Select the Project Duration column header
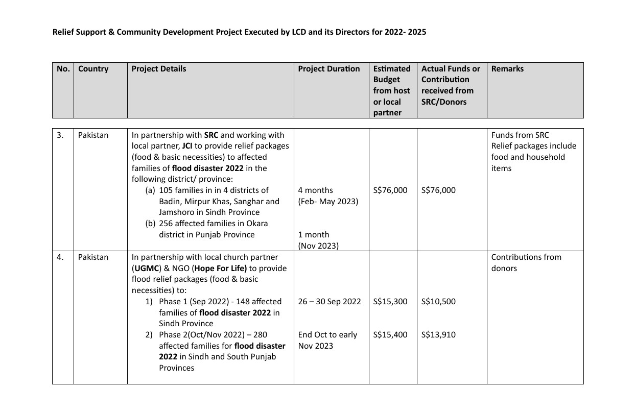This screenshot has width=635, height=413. point(329,69)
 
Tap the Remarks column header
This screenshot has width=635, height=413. point(507,69)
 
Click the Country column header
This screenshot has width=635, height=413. point(93,69)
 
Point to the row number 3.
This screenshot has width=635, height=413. point(60,135)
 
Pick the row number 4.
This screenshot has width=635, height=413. point(60,257)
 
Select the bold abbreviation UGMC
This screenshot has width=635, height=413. point(146,269)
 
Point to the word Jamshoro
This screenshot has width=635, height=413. point(176,212)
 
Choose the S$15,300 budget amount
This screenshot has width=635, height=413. point(390,302)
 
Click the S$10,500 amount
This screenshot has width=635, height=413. point(438,302)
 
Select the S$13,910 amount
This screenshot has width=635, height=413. point(438,335)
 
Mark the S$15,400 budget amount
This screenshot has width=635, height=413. point(390,335)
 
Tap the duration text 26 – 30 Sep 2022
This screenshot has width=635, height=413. point(329,302)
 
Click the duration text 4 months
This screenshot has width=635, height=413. point(315,190)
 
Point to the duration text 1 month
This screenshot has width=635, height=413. point(314,235)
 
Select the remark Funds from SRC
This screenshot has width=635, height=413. point(520,135)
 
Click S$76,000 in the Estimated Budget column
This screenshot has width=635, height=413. point(390,190)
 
